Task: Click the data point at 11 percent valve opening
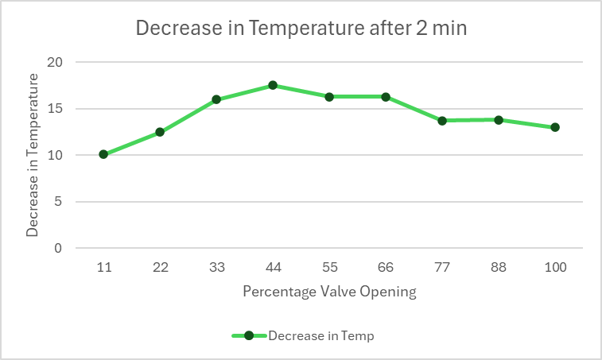tap(103, 154)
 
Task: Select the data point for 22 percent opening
tap(160, 132)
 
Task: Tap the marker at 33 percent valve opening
tap(216, 99)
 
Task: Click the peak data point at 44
tap(273, 85)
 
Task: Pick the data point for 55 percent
tap(329, 97)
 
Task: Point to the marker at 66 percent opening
tap(386, 97)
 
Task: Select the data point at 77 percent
tap(442, 121)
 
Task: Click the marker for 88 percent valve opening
tap(499, 120)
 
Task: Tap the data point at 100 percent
tap(555, 127)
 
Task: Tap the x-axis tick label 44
tap(273, 268)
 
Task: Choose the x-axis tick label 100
tap(555, 268)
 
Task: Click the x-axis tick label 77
tap(442, 268)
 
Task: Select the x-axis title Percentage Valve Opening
tap(329, 292)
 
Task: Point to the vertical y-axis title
tap(33, 155)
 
